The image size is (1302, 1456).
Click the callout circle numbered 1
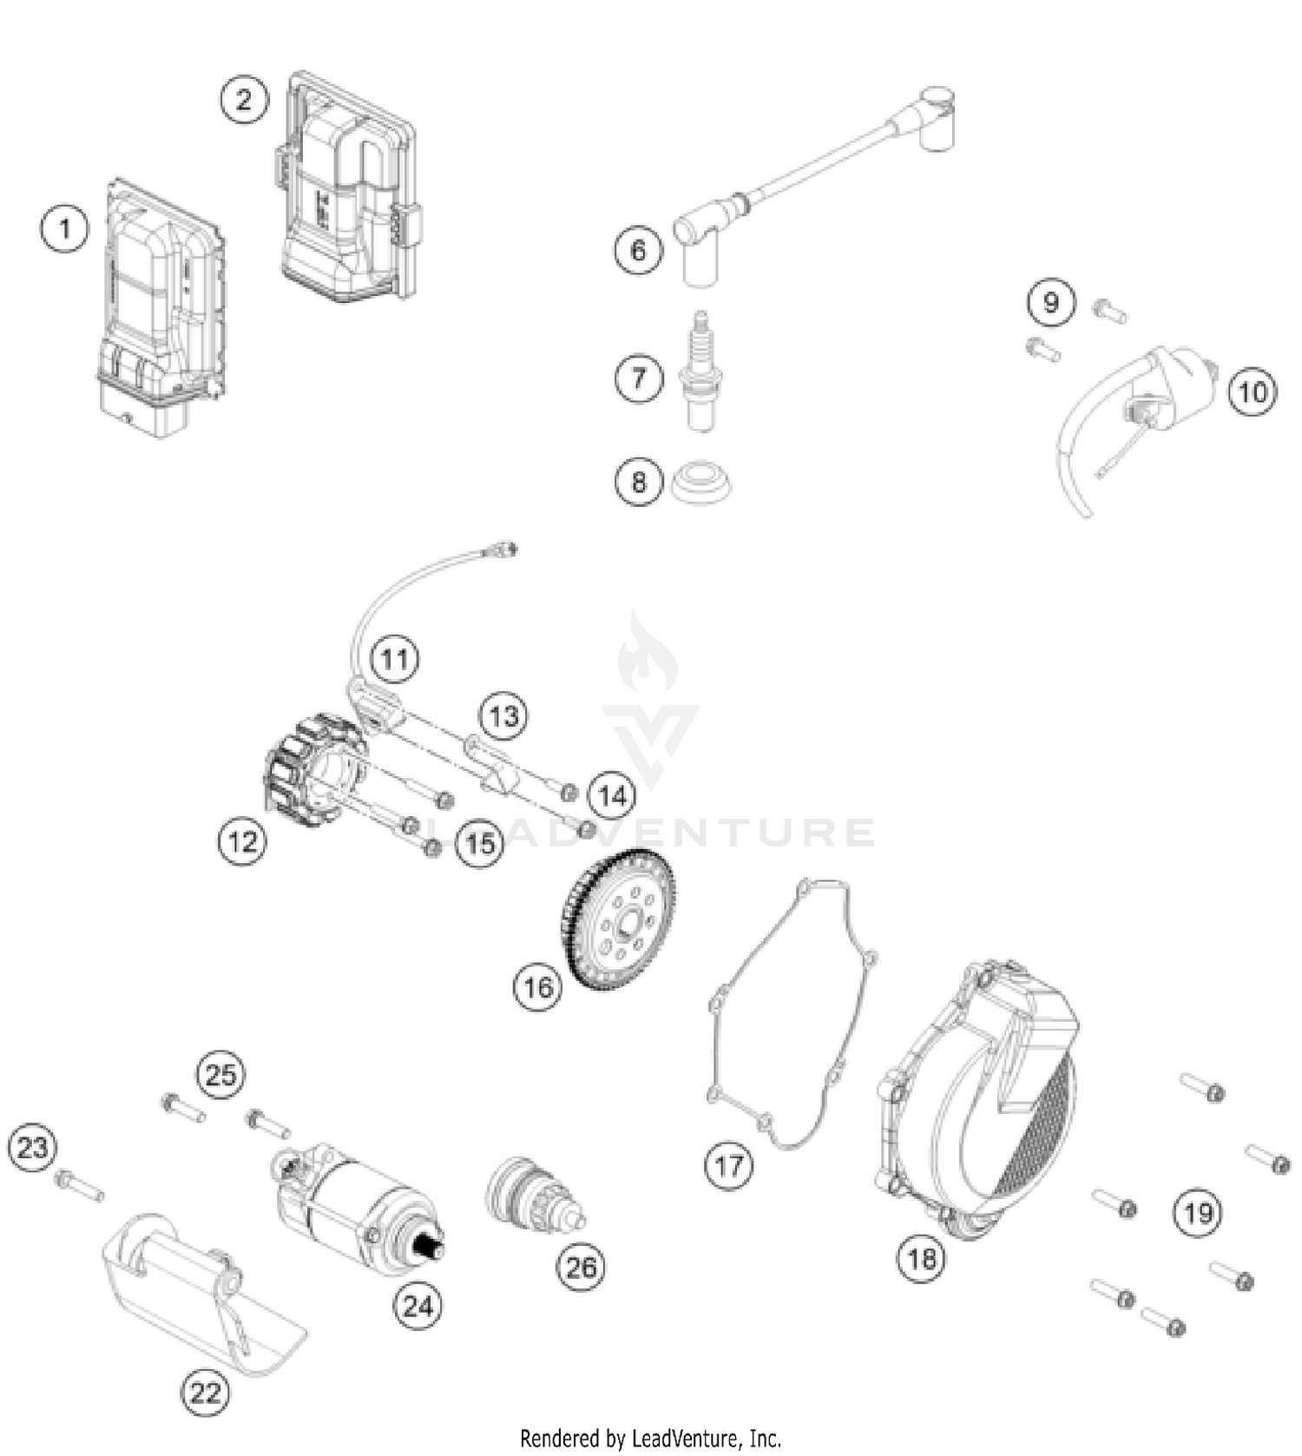(64, 229)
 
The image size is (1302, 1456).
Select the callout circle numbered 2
(243, 99)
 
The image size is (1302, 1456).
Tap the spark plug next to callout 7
(699, 373)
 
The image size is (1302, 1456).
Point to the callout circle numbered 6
(639, 251)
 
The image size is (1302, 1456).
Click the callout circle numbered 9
(1051, 302)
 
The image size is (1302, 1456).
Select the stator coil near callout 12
(313, 769)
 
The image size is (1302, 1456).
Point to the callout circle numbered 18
(922, 1257)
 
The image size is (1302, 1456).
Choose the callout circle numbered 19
(1199, 1212)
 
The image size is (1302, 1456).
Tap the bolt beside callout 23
(78, 1185)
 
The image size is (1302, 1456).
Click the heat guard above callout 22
(204, 1294)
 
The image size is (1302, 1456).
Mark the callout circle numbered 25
(220, 1076)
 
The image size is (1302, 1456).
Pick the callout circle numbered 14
(612, 795)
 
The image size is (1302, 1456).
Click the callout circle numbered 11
(395, 659)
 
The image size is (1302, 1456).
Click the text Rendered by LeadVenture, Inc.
(650, 1438)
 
